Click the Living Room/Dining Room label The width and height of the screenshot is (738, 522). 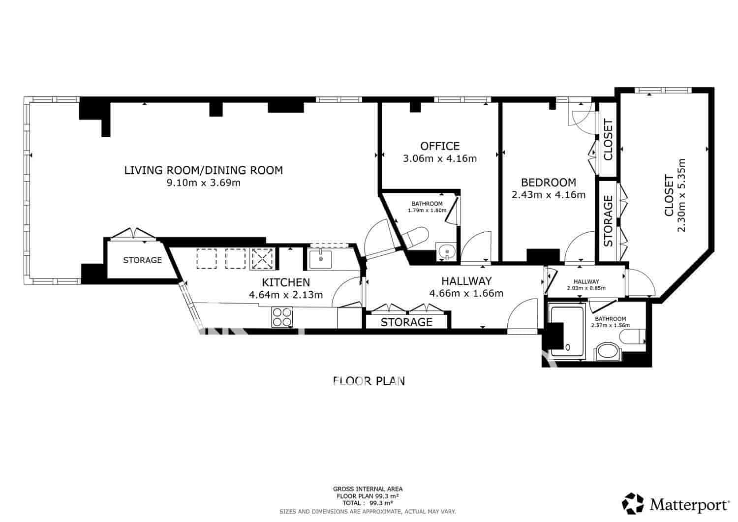point(203,170)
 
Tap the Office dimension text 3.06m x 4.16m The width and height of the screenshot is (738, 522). point(439,158)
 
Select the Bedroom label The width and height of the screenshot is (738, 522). point(548,182)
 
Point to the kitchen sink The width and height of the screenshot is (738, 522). point(321,259)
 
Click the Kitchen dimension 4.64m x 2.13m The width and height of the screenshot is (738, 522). point(286,295)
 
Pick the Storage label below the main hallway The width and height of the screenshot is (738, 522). point(406,322)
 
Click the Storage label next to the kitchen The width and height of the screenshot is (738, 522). point(142,260)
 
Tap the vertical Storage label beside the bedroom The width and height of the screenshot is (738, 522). point(608,221)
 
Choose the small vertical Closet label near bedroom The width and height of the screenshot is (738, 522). point(608,140)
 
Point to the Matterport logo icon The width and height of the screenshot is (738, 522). point(633,503)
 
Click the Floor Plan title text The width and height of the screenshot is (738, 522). point(369,380)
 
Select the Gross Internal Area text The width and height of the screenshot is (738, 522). point(368,489)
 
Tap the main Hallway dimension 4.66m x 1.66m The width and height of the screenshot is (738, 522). point(466,294)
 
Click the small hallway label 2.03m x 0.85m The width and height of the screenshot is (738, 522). point(586,288)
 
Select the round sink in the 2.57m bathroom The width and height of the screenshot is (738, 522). point(608,353)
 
